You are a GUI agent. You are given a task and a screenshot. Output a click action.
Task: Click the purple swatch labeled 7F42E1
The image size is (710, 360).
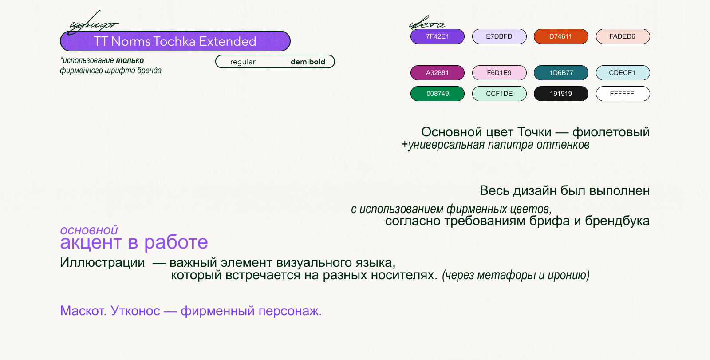point(437,36)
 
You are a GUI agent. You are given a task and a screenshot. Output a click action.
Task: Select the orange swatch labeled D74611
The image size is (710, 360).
point(560,36)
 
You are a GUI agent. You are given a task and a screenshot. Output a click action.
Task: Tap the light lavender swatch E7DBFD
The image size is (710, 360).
point(499,36)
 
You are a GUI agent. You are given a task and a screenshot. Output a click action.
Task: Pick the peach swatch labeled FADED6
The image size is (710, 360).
point(622,36)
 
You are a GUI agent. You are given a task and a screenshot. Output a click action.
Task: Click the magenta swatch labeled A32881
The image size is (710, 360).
point(437,73)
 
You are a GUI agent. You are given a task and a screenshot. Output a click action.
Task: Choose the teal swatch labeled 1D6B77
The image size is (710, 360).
point(560,73)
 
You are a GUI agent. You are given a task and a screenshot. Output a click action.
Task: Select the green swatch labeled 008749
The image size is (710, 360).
point(437,94)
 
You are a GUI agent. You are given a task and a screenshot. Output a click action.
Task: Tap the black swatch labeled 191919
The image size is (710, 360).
point(560,94)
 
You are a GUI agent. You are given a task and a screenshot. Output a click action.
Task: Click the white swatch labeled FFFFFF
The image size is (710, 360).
point(622,94)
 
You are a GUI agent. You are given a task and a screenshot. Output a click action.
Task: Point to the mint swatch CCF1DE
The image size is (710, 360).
point(499,94)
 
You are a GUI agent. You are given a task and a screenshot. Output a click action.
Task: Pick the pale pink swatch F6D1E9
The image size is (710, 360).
point(499,73)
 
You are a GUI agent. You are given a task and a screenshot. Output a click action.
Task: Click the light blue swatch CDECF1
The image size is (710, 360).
point(622,73)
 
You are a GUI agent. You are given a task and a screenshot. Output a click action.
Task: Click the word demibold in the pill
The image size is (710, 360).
point(308,62)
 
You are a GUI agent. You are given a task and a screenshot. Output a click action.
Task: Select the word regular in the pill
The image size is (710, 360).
point(243,62)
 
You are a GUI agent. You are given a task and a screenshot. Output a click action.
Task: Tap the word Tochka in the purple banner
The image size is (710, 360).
point(174,41)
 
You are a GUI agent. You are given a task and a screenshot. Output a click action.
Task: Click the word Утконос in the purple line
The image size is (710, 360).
point(135,311)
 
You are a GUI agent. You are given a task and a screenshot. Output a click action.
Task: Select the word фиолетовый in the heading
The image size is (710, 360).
point(611,132)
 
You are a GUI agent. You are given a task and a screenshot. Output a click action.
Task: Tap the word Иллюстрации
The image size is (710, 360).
point(103,262)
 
